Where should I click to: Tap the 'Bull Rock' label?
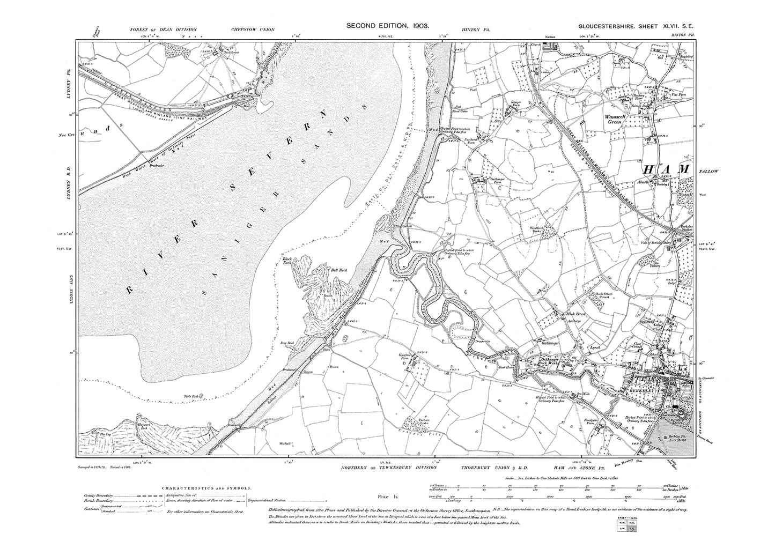click(340, 270)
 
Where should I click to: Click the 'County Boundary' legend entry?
click(100, 497)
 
